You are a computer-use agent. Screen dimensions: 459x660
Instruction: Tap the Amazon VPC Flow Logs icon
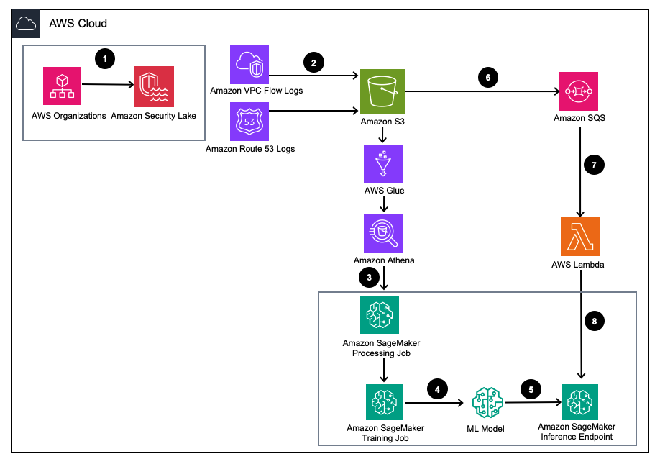[249, 64]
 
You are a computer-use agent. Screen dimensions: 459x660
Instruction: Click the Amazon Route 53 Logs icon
[249, 120]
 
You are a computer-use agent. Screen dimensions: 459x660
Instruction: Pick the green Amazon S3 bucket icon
[384, 92]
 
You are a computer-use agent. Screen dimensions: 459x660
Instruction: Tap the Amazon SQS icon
[579, 92]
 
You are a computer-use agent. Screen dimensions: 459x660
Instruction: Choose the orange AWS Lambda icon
[579, 237]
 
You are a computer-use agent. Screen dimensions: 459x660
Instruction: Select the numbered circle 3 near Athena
[369, 276]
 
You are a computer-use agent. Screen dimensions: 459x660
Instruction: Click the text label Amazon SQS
[579, 118]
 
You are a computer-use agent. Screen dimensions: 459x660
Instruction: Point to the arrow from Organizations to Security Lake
[108, 86]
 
